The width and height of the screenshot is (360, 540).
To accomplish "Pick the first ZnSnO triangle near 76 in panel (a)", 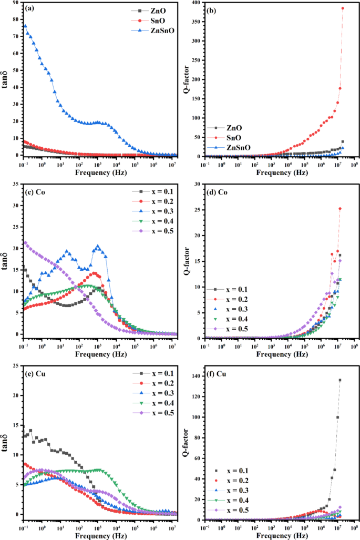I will point(25,26).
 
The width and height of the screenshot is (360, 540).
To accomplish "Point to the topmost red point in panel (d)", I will point(340,209).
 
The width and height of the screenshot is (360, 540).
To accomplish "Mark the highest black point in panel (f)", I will point(340,380).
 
